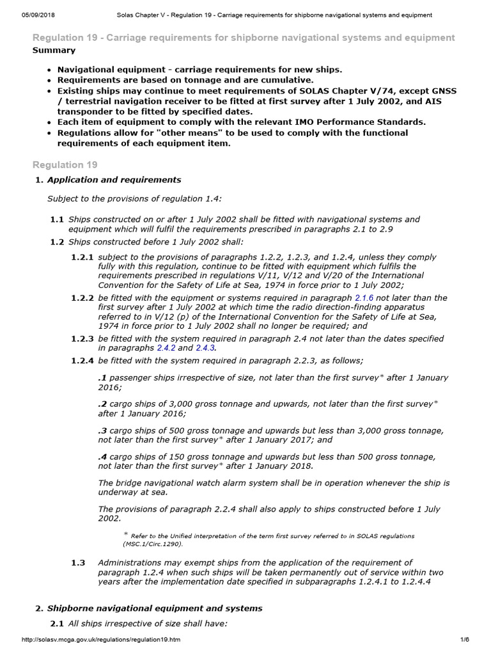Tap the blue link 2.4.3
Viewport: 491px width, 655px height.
205,348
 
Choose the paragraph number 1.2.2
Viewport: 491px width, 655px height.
82,298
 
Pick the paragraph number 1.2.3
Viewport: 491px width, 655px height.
82,338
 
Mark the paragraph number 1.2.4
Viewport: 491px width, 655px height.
82,361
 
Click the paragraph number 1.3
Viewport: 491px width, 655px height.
77,563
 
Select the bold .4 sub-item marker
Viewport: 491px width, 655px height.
102,457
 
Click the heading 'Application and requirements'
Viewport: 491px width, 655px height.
114,180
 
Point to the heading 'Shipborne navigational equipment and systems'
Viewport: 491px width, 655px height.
155,608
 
